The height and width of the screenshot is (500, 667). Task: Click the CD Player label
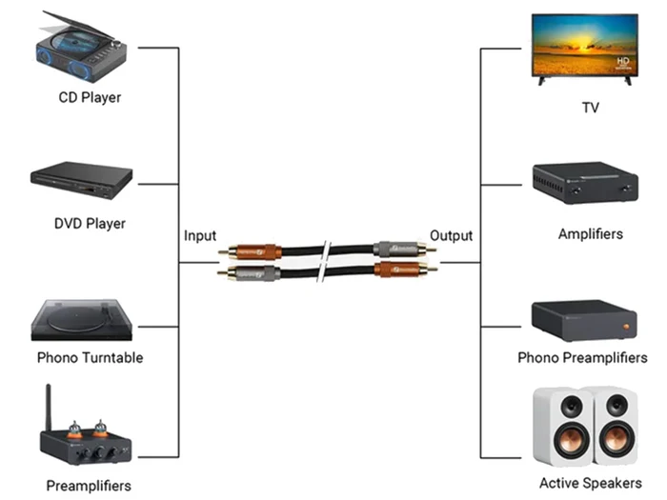click(90, 98)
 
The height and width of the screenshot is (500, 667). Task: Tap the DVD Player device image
click(81, 180)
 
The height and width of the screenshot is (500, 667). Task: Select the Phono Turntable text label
click(90, 357)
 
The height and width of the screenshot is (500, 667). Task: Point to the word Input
click(200, 235)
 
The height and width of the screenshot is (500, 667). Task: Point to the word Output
click(451, 235)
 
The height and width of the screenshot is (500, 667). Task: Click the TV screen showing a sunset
click(585, 45)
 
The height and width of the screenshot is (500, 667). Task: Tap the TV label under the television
click(591, 108)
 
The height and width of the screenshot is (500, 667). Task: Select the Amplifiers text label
click(591, 234)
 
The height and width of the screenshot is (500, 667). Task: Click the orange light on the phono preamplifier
click(626, 327)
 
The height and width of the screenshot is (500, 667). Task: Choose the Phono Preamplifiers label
click(582, 357)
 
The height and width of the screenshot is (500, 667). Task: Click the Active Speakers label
click(591, 483)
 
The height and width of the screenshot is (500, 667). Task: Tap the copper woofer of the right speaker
click(616, 438)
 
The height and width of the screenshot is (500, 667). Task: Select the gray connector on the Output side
click(395, 249)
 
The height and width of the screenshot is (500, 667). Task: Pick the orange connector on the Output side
click(397, 270)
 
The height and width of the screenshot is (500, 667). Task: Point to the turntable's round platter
click(76, 319)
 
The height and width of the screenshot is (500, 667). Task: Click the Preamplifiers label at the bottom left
click(89, 486)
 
